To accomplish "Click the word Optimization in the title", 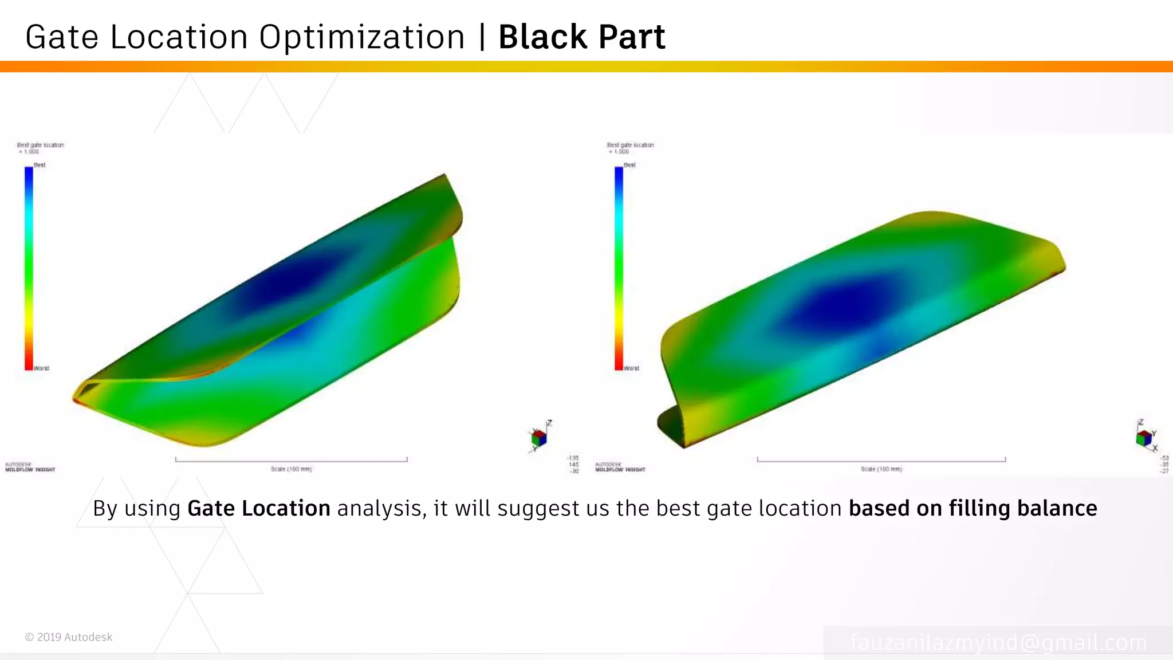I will pyautogui.click(x=361, y=38).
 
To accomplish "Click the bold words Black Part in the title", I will pyautogui.click(x=581, y=38).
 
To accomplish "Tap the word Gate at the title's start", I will pyautogui.click(x=62, y=38).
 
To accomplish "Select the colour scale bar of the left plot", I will pyautogui.click(x=29, y=268).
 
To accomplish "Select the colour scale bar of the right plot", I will pyautogui.click(x=619, y=268).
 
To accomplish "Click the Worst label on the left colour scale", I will pyautogui.click(x=41, y=368).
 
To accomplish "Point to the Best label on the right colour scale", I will pyautogui.click(x=629, y=165).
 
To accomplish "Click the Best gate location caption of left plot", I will pyautogui.click(x=40, y=146).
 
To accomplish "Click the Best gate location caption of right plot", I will pyautogui.click(x=630, y=146).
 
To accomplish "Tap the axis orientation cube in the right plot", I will pyautogui.click(x=1143, y=438).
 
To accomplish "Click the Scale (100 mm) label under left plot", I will pyautogui.click(x=291, y=469).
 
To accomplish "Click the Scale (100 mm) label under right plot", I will pyautogui.click(x=881, y=469).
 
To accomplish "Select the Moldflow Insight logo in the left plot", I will pyautogui.click(x=30, y=467).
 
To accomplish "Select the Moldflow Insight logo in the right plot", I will pyautogui.click(x=620, y=467).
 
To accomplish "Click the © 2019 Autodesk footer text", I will pyautogui.click(x=69, y=637).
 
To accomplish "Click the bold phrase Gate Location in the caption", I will pyautogui.click(x=258, y=509).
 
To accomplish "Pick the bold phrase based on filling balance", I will pyautogui.click(x=973, y=509).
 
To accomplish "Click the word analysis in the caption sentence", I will pyautogui.click(x=380, y=509).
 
